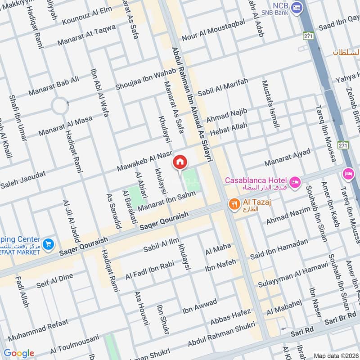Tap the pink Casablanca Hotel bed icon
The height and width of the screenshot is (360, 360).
tap(295, 182)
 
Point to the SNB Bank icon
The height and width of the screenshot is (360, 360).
tap(296, 7)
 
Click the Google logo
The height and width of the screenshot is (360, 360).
tap(19, 353)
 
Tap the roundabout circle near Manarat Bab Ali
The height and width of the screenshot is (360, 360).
tap(59, 107)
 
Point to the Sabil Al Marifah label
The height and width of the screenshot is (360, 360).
tap(223, 88)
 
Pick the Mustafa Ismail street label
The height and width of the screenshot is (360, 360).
tap(270, 104)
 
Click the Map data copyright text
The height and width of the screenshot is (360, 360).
tap(336, 355)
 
